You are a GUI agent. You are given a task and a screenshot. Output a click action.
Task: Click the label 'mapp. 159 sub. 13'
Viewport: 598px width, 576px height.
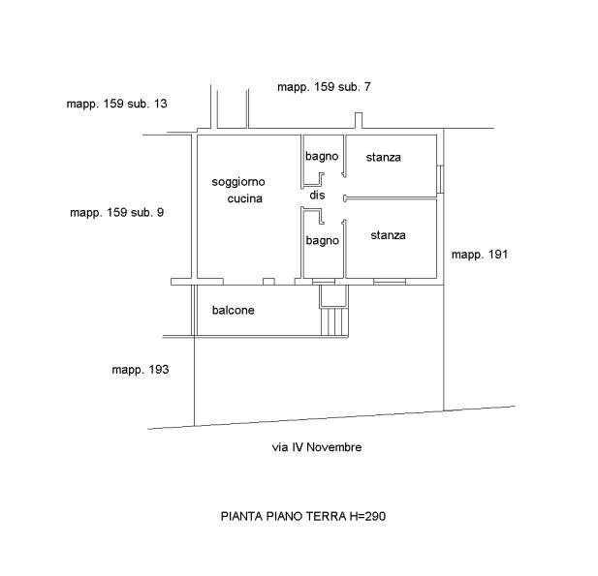[x=116, y=104]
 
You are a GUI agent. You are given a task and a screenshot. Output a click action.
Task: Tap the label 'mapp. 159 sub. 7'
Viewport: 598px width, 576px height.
[x=324, y=87]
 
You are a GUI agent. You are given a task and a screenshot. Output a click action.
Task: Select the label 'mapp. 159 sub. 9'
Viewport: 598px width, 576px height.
[x=116, y=213]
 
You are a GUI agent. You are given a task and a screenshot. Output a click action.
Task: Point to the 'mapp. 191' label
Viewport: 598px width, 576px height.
[x=480, y=255]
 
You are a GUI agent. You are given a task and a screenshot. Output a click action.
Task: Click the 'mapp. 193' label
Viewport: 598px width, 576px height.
[x=140, y=370]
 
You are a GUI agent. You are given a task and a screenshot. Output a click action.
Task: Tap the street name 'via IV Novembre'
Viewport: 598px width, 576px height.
[x=317, y=447]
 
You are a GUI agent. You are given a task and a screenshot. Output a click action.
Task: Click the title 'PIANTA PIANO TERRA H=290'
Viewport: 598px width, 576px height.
[x=303, y=516]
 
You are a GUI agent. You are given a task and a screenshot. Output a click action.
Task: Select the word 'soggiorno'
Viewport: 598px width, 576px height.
[x=238, y=182]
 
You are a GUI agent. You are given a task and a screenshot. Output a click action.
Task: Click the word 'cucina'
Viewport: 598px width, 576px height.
[x=245, y=198]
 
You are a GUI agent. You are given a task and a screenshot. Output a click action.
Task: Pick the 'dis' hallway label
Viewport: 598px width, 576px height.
[x=317, y=195]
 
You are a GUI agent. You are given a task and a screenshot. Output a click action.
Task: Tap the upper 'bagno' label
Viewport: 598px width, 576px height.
[x=322, y=157]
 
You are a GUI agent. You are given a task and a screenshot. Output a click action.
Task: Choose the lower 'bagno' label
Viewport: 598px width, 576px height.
[x=323, y=241]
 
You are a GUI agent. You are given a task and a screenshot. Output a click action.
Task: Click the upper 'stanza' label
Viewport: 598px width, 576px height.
[x=383, y=158]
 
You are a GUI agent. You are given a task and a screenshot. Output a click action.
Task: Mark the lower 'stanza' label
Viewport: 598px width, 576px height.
[x=388, y=235]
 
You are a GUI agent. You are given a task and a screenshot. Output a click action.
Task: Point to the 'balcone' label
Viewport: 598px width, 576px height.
[x=233, y=310]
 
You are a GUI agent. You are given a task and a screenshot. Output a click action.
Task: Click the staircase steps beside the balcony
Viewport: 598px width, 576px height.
[x=334, y=322]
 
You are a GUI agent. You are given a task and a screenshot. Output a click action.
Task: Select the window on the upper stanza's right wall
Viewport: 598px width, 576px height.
[x=440, y=179]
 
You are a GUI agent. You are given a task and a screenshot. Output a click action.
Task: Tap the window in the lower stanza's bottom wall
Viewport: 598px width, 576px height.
[x=390, y=282]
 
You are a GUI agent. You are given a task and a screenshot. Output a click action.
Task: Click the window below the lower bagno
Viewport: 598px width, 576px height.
[x=324, y=282]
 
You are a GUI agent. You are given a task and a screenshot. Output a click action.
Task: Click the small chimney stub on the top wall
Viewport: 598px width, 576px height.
[x=359, y=120]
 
